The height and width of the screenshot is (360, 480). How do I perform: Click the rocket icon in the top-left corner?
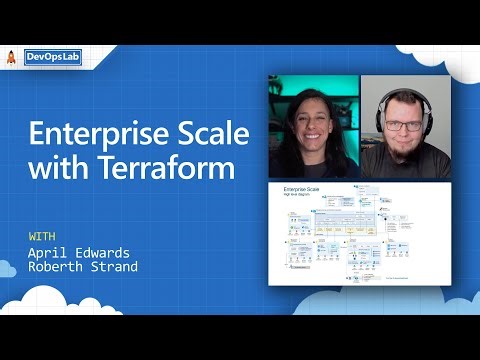11,58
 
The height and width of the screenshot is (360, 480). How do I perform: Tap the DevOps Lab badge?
54,58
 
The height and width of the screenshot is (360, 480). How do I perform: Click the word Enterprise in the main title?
87,137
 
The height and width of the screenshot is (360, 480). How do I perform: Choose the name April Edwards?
73,252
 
